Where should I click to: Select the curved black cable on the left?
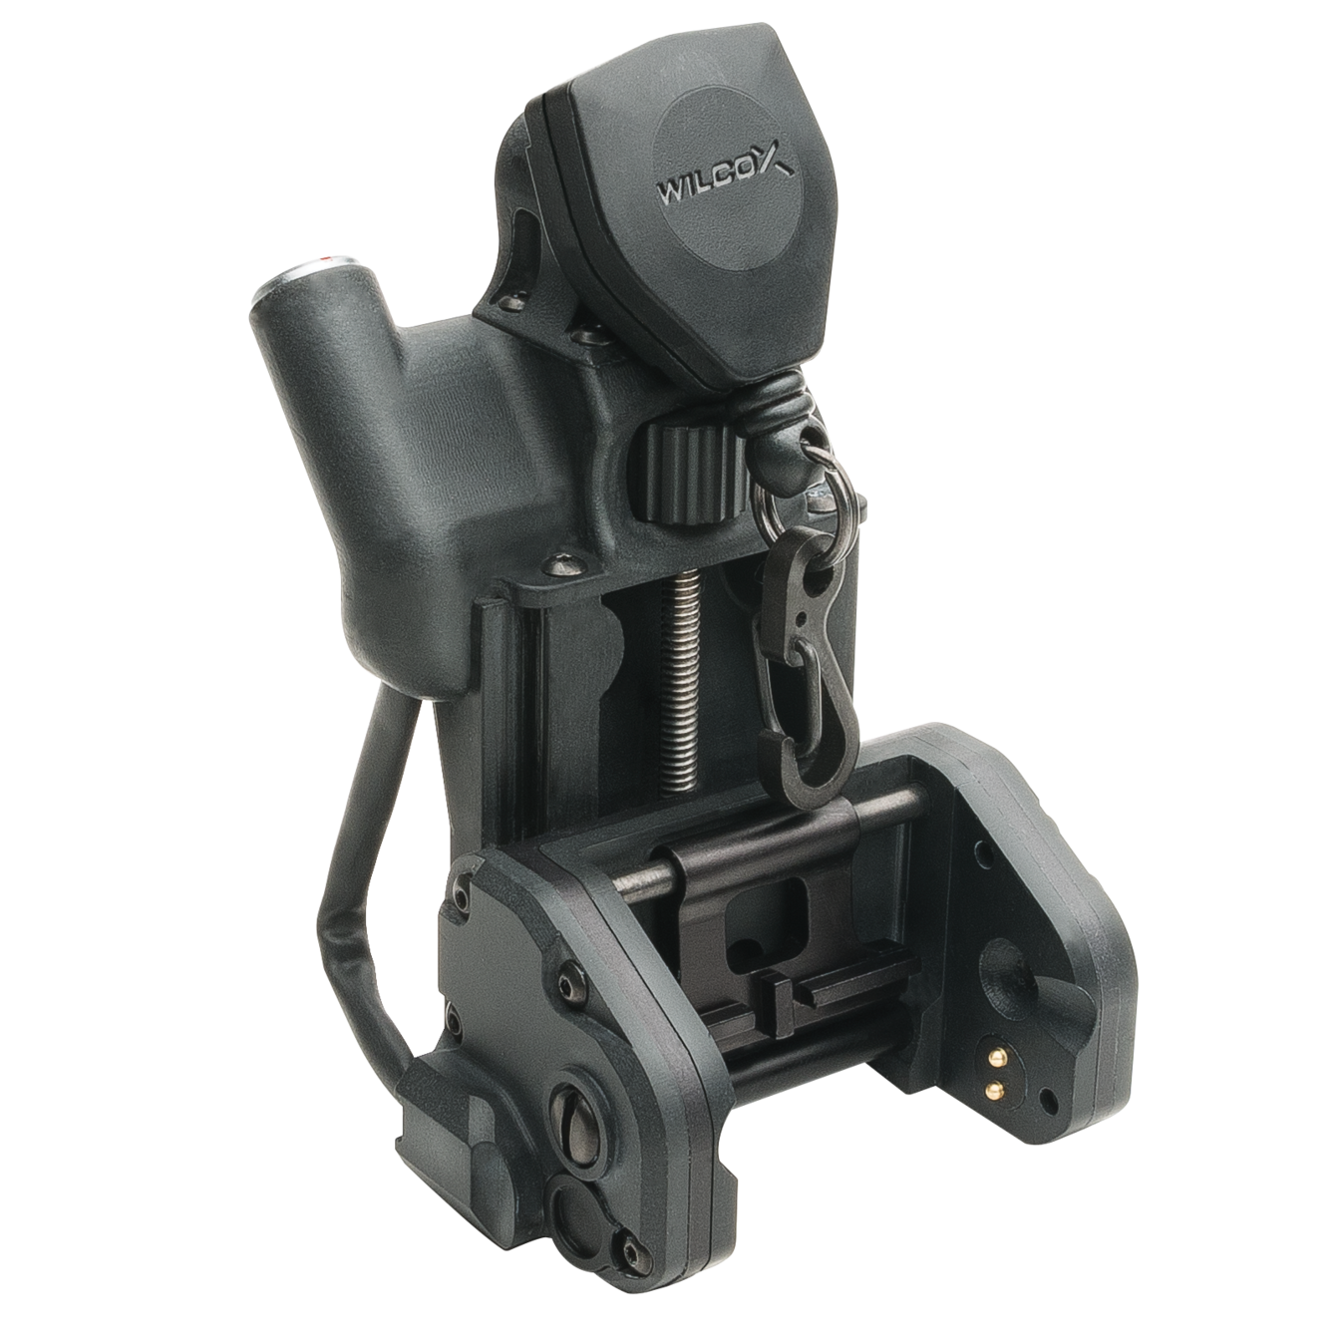click(344, 878)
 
